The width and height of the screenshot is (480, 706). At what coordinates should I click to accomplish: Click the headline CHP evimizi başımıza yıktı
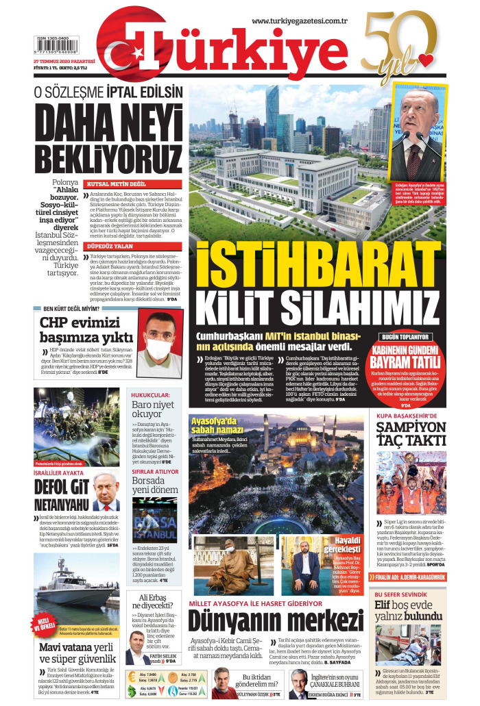(x=86, y=329)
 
